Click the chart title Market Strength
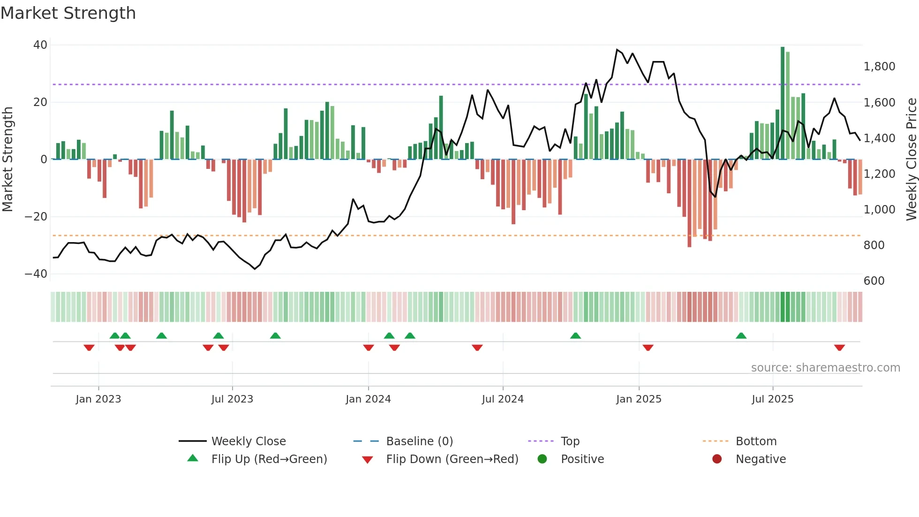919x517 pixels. (68, 13)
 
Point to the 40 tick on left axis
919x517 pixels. (40, 45)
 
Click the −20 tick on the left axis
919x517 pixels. (36, 217)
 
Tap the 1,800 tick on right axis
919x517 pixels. (879, 67)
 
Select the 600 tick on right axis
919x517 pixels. (874, 281)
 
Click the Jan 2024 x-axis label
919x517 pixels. (368, 399)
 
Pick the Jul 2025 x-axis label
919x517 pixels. (772, 399)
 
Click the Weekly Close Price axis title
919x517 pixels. (911, 160)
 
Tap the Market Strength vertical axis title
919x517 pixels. (8, 160)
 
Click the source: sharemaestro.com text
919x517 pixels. (825, 368)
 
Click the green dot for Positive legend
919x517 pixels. (542, 459)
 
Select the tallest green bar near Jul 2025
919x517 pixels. (783, 103)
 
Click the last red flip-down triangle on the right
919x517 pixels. (839, 348)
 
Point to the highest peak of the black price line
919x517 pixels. (617, 49)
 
